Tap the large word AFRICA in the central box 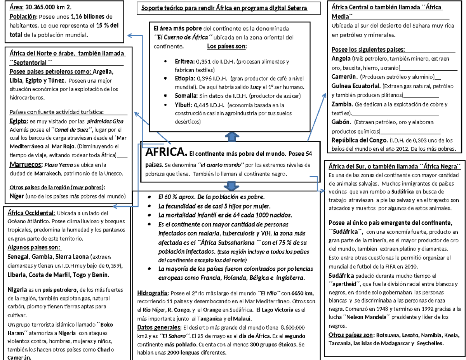(x=165, y=151)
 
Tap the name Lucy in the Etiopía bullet (x=255, y=87)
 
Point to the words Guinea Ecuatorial (x=356, y=86)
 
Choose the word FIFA (x=389, y=267)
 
